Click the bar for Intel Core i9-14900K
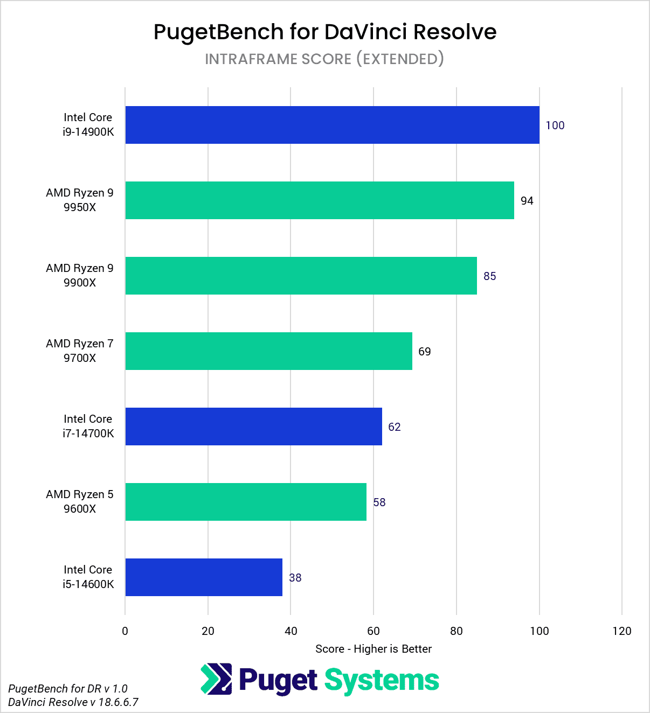pyautogui.click(x=332, y=125)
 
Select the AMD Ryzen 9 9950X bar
pyautogui.click(x=320, y=200)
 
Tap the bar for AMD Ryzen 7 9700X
pyautogui.click(x=268, y=351)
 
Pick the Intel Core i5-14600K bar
pyautogui.click(x=204, y=577)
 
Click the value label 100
pyautogui.click(x=555, y=125)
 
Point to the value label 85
pyautogui.click(x=489, y=276)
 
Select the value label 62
pyautogui.click(x=394, y=427)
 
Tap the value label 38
pyautogui.click(x=295, y=578)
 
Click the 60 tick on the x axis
pyautogui.click(x=374, y=631)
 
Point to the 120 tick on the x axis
pyautogui.click(x=621, y=631)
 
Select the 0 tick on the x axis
pyautogui.click(x=125, y=631)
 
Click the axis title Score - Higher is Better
pyautogui.click(x=374, y=649)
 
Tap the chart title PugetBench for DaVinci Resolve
pyautogui.click(x=325, y=32)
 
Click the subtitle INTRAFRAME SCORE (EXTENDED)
pyautogui.click(x=324, y=59)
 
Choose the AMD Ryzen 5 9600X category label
pyautogui.click(x=80, y=501)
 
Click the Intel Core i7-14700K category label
pyautogui.click(x=88, y=426)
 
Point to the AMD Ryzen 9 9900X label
pyautogui.click(x=80, y=275)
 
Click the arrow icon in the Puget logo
pyautogui.click(x=216, y=679)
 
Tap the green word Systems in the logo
pyautogui.click(x=382, y=681)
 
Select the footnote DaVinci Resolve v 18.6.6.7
pyautogui.click(x=73, y=702)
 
